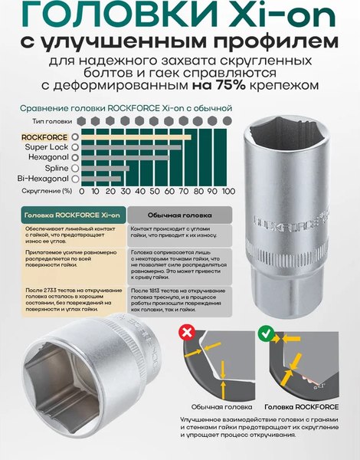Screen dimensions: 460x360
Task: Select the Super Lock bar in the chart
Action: coord(129,146)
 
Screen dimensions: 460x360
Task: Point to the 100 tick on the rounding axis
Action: coord(227,190)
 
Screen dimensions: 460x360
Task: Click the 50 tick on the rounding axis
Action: coord(155,190)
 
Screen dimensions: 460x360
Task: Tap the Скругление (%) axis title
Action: coord(47,190)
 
